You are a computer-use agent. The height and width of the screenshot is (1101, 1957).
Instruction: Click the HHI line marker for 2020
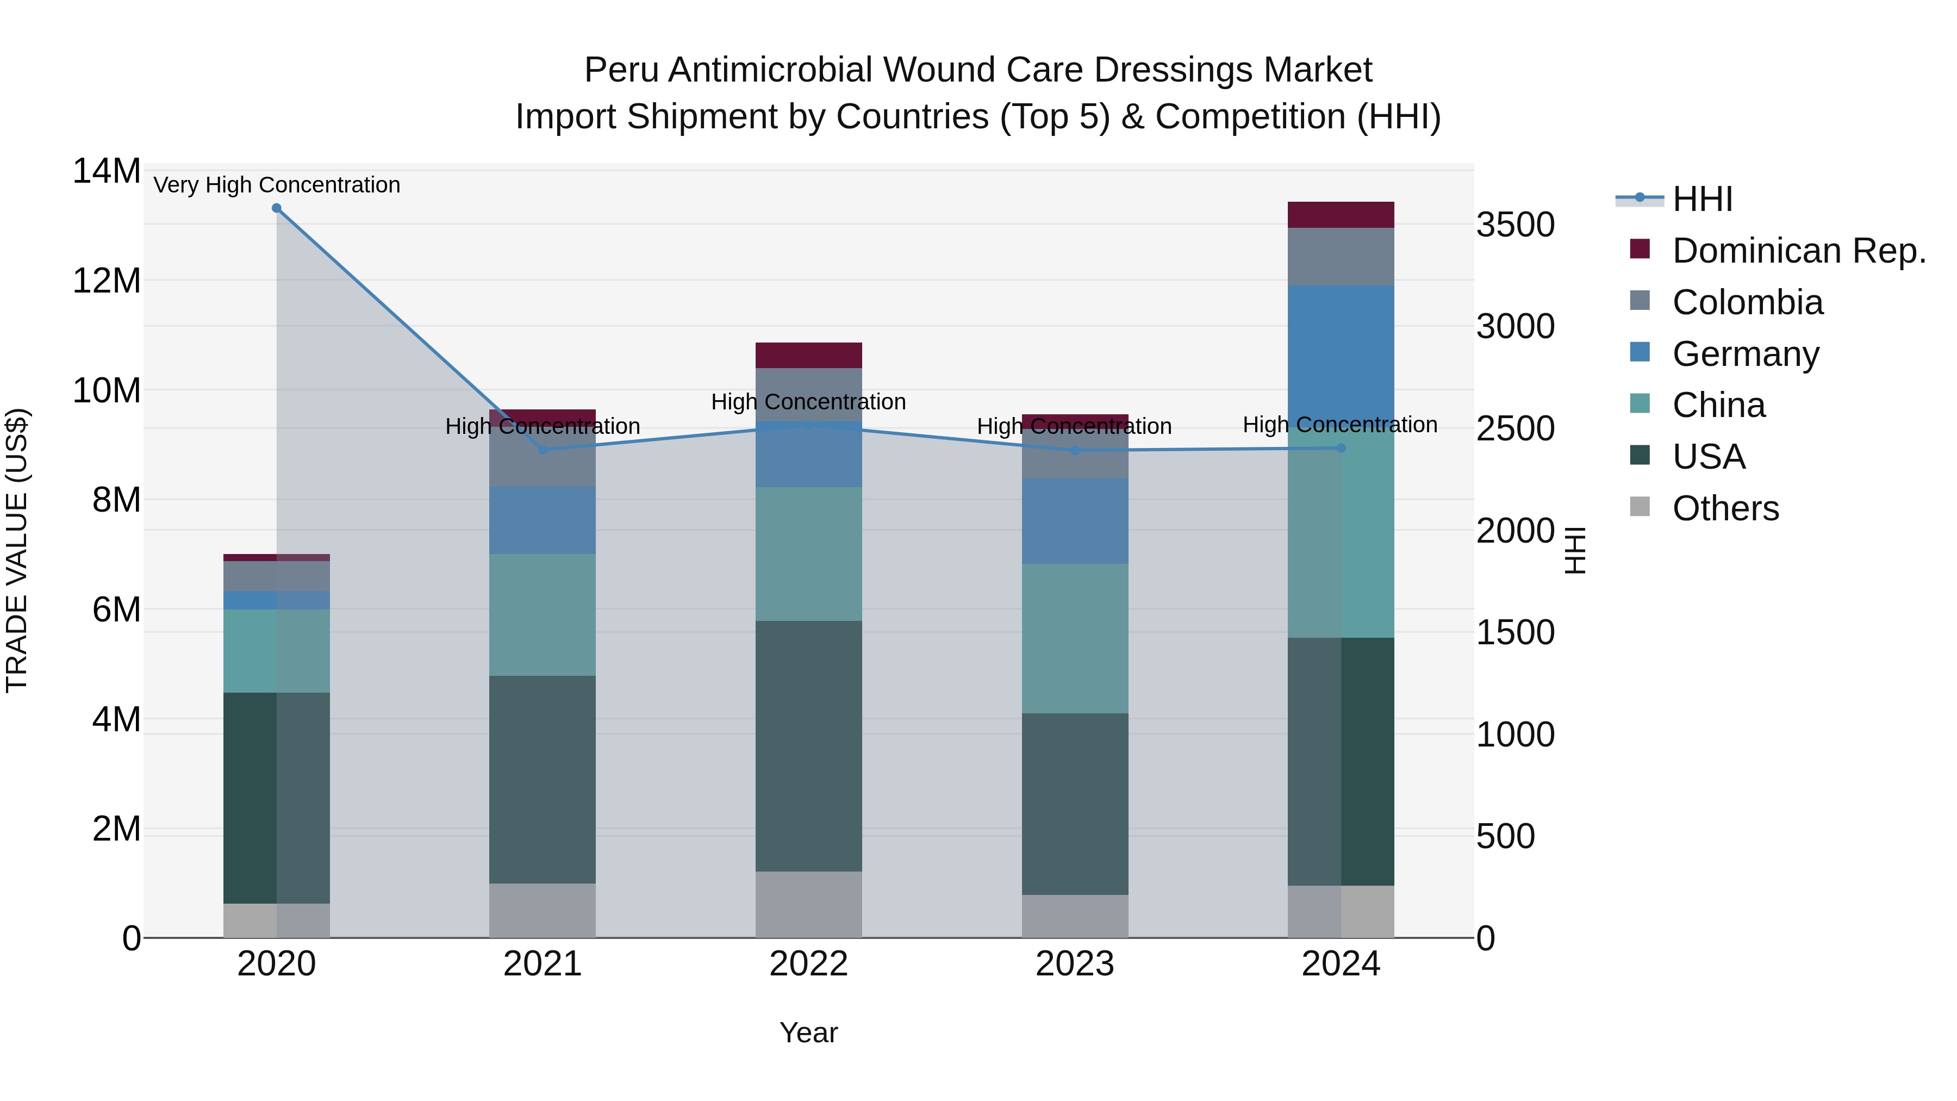coord(277,208)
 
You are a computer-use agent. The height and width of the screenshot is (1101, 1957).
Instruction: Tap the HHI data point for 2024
coord(1341,449)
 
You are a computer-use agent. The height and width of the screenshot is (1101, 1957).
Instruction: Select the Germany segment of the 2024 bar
coord(1341,356)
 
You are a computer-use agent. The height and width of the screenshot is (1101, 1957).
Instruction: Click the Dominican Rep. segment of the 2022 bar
coord(808,356)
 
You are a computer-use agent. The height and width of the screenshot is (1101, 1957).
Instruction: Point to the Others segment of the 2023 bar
coord(1074,916)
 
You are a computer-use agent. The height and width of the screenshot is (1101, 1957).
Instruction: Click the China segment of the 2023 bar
coord(1074,638)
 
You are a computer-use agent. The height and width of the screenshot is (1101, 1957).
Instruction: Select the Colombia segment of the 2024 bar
coord(1341,257)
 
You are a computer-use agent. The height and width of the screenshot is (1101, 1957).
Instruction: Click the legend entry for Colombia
coord(1747,302)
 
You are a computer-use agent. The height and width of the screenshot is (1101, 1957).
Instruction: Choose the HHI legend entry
coord(1702,199)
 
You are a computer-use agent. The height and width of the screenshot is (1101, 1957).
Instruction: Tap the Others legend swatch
coord(1640,507)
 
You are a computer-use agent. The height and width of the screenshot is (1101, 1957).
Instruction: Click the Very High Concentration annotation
coord(277,185)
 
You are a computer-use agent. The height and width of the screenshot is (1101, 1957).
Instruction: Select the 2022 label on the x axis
coord(808,964)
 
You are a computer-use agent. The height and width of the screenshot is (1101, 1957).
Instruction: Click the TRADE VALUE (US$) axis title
coord(17,550)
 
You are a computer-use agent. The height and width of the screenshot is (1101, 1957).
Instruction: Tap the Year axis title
coord(808,1032)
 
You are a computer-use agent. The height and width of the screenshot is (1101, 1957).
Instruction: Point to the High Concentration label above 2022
coord(808,401)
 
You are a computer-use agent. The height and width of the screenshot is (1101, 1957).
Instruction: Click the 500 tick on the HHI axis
coord(1506,837)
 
